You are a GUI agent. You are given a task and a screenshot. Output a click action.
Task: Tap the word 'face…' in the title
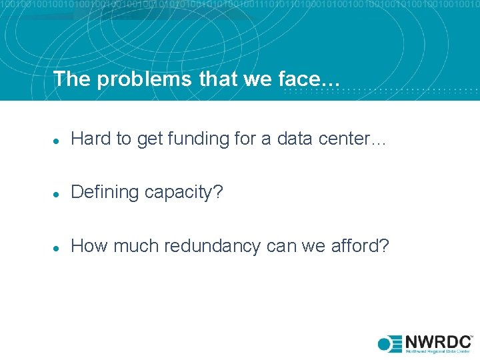(313, 79)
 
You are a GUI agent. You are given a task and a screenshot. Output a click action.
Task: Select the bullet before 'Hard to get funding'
(57, 140)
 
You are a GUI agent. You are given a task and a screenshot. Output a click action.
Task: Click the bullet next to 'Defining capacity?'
(57, 193)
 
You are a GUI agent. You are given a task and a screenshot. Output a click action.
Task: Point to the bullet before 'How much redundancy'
(57, 247)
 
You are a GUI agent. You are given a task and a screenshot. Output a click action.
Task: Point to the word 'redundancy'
(213, 247)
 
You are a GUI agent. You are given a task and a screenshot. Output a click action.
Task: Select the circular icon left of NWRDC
(385, 344)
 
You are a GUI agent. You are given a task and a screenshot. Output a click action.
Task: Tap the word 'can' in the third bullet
(281, 247)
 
